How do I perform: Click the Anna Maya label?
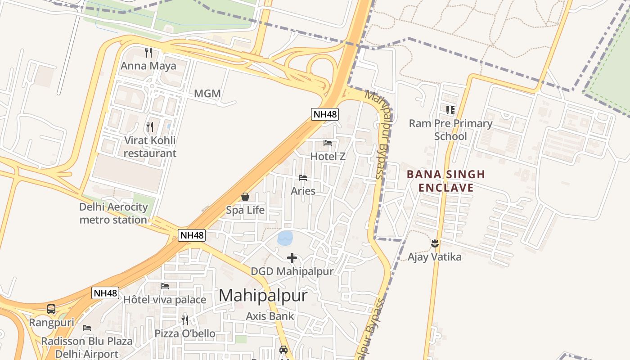(x=148, y=66)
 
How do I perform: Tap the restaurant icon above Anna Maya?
(x=148, y=53)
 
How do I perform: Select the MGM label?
(x=207, y=94)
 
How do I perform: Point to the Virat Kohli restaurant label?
(x=150, y=147)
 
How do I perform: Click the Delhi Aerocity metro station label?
(x=113, y=213)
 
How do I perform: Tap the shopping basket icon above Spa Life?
(x=245, y=197)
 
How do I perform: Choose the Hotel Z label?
(x=328, y=156)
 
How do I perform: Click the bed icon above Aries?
(x=303, y=178)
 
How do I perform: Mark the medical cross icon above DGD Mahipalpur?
(x=292, y=258)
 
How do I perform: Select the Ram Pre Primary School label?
(x=450, y=130)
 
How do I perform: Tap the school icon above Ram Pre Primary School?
(x=450, y=110)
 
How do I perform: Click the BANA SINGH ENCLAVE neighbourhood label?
(x=446, y=181)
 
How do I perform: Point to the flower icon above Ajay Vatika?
(x=435, y=243)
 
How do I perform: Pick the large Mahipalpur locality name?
(x=263, y=296)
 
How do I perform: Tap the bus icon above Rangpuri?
(x=51, y=309)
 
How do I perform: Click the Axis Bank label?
(x=270, y=316)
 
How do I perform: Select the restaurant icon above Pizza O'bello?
(x=185, y=320)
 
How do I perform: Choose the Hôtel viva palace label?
(x=165, y=300)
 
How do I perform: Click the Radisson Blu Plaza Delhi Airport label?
(x=87, y=347)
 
